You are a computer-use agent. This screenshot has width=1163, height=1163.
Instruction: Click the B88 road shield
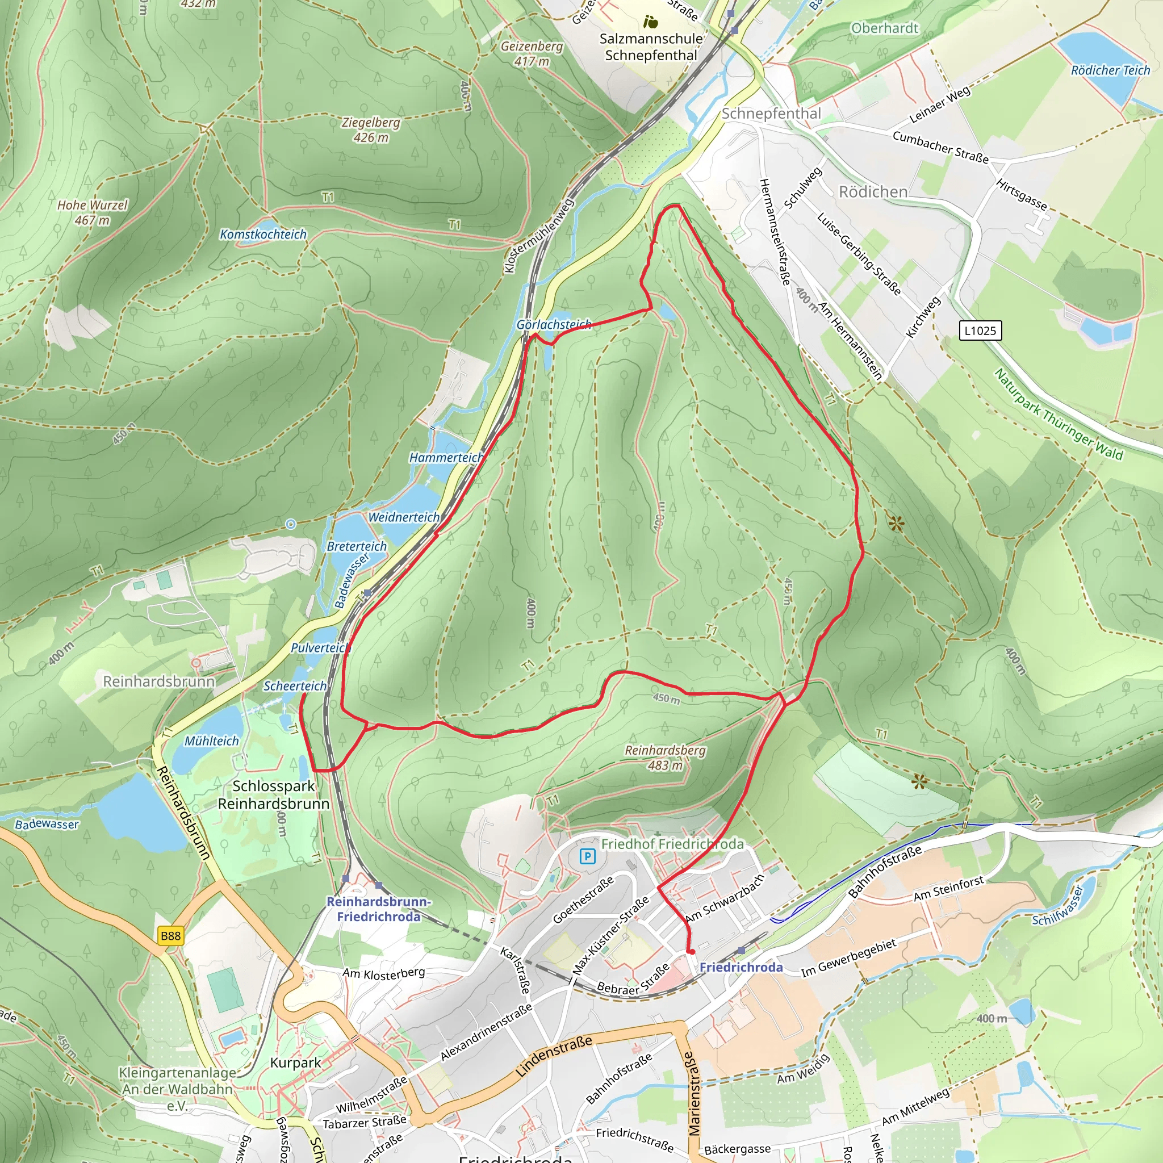coord(170,935)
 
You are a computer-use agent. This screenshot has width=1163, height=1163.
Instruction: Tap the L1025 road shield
coord(980,331)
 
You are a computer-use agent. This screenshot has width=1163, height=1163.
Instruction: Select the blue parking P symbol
coord(588,856)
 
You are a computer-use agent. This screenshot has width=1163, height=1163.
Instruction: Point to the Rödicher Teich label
coord(1110,70)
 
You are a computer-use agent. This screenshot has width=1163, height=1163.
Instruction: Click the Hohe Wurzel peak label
coord(92,212)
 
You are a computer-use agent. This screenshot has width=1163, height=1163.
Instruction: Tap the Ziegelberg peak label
coord(371,129)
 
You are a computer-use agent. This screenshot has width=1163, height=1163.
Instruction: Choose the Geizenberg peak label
coord(532,53)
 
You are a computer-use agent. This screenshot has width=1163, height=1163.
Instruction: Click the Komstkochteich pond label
coord(263,234)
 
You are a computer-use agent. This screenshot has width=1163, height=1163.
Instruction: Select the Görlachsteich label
coord(554,324)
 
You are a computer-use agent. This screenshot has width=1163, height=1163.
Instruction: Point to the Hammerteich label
coord(446,458)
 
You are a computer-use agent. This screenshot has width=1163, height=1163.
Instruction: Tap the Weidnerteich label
coord(404,517)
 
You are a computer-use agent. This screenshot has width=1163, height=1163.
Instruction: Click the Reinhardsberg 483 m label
coord(664,758)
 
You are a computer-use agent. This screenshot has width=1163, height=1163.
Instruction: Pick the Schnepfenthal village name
coord(771,114)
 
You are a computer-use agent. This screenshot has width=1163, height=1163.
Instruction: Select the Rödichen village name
coord(873,192)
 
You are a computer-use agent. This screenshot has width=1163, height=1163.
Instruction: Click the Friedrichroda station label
coord(741,967)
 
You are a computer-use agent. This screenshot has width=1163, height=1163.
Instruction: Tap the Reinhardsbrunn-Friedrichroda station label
coord(379,909)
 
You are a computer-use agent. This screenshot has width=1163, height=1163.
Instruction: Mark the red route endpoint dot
coord(692,952)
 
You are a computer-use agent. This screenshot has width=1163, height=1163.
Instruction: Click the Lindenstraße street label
coord(554,1056)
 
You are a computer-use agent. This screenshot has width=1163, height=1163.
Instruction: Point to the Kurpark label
coord(295,1062)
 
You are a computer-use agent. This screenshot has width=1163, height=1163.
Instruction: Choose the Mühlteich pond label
coord(211,741)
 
